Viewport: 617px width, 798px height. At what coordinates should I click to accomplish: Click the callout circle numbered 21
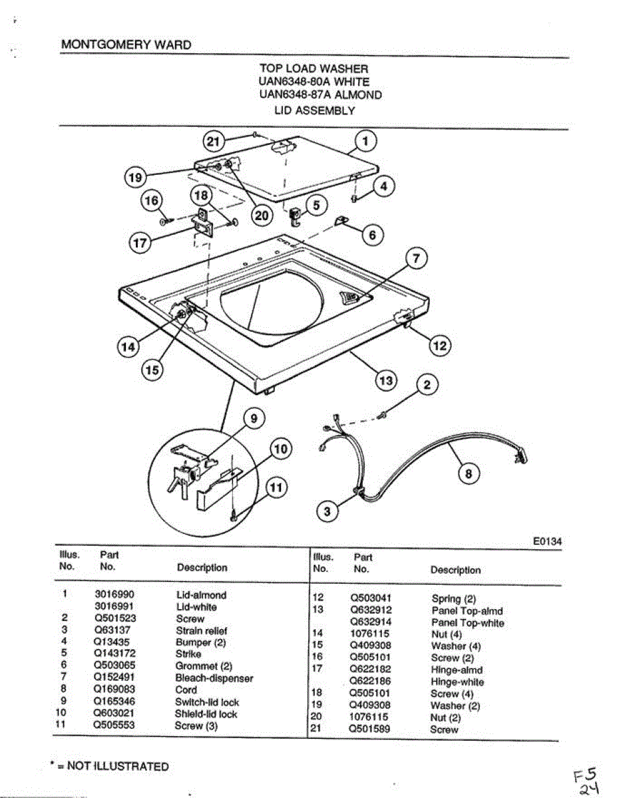(212, 140)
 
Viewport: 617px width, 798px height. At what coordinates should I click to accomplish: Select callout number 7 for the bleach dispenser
(417, 259)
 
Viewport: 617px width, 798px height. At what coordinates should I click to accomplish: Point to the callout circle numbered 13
(386, 380)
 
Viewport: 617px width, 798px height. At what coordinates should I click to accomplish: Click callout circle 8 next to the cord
(469, 473)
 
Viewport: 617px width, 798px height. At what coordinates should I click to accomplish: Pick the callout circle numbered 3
(326, 511)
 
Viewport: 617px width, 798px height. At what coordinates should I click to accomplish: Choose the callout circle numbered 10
(281, 449)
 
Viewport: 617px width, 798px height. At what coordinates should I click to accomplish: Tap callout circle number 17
(140, 243)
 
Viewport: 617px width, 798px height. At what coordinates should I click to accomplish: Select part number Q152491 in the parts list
(114, 678)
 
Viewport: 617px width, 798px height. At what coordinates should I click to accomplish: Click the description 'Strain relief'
(202, 630)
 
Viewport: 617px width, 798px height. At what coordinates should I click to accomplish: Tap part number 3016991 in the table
(114, 606)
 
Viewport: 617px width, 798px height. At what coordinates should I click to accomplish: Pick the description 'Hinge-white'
(457, 682)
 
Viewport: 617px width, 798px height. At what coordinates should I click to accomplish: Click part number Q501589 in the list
(370, 730)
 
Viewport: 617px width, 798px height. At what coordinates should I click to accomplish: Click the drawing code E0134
(547, 542)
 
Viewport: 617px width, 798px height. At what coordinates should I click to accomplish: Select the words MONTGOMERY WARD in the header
(126, 45)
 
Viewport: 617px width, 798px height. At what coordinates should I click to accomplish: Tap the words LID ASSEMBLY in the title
(314, 110)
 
